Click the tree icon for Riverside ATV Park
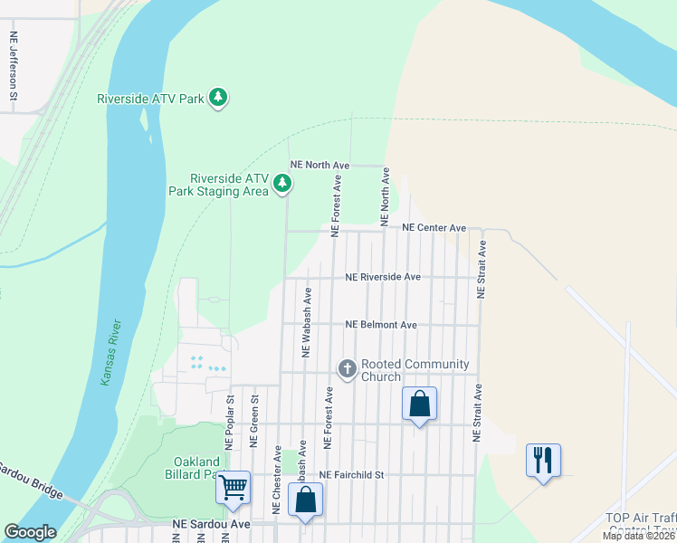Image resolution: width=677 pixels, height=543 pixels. click(217, 97)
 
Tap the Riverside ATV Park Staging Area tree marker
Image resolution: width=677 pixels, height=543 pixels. click(283, 184)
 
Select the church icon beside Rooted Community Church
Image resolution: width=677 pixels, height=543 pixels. click(347, 368)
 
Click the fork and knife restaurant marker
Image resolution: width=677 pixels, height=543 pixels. click(543, 461)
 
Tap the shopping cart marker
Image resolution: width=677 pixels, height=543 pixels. click(234, 489)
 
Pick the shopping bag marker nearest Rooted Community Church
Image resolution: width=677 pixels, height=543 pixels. click(420, 405)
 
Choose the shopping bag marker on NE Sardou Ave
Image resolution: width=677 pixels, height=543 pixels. click(306, 500)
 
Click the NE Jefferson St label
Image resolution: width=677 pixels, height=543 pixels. click(14, 66)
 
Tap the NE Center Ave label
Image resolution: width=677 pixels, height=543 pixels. click(434, 228)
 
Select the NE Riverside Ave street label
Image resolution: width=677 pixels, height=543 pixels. click(383, 277)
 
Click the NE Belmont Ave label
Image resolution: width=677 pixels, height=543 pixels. click(381, 324)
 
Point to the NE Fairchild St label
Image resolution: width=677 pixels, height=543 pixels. click(352, 474)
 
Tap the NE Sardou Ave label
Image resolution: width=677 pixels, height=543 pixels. click(211, 524)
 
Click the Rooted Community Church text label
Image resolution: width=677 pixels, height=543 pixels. click(415, 370)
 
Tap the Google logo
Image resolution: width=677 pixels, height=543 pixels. click(31, 531)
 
